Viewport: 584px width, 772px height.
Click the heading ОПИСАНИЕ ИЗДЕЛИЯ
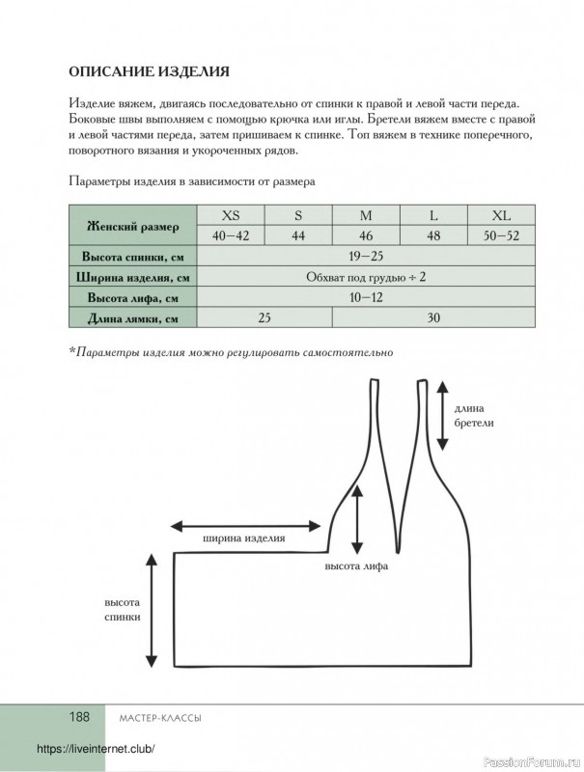coord(149,70)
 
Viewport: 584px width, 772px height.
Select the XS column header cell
coord(232,214)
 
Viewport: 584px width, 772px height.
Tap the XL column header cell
coord(501,214)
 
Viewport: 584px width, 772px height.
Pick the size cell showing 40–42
coord(232,235)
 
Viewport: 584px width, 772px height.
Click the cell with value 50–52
coord(501,235)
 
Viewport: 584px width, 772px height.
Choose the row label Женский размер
coord(133,226)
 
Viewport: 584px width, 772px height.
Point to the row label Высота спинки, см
coord(133,257)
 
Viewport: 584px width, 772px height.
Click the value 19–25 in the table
coord(366,256)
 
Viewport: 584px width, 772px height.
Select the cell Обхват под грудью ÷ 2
coord(366,277)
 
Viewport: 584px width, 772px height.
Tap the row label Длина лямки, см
coord(133,318)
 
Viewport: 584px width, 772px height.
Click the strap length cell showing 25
coord(264,317)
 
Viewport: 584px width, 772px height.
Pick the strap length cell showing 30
coord(433,317)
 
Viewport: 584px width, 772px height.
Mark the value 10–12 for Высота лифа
coord(366,297)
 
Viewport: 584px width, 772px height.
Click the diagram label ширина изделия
coord(243,538)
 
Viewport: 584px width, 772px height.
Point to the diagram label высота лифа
coord(356,566)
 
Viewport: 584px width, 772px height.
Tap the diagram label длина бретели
coord(473,415)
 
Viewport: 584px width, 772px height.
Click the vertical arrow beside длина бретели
coord(442,415)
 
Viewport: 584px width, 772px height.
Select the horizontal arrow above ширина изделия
coord(245,526)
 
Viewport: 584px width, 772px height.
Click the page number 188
coord(78,717)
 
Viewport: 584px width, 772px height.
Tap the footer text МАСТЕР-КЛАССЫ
coord(153,718)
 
